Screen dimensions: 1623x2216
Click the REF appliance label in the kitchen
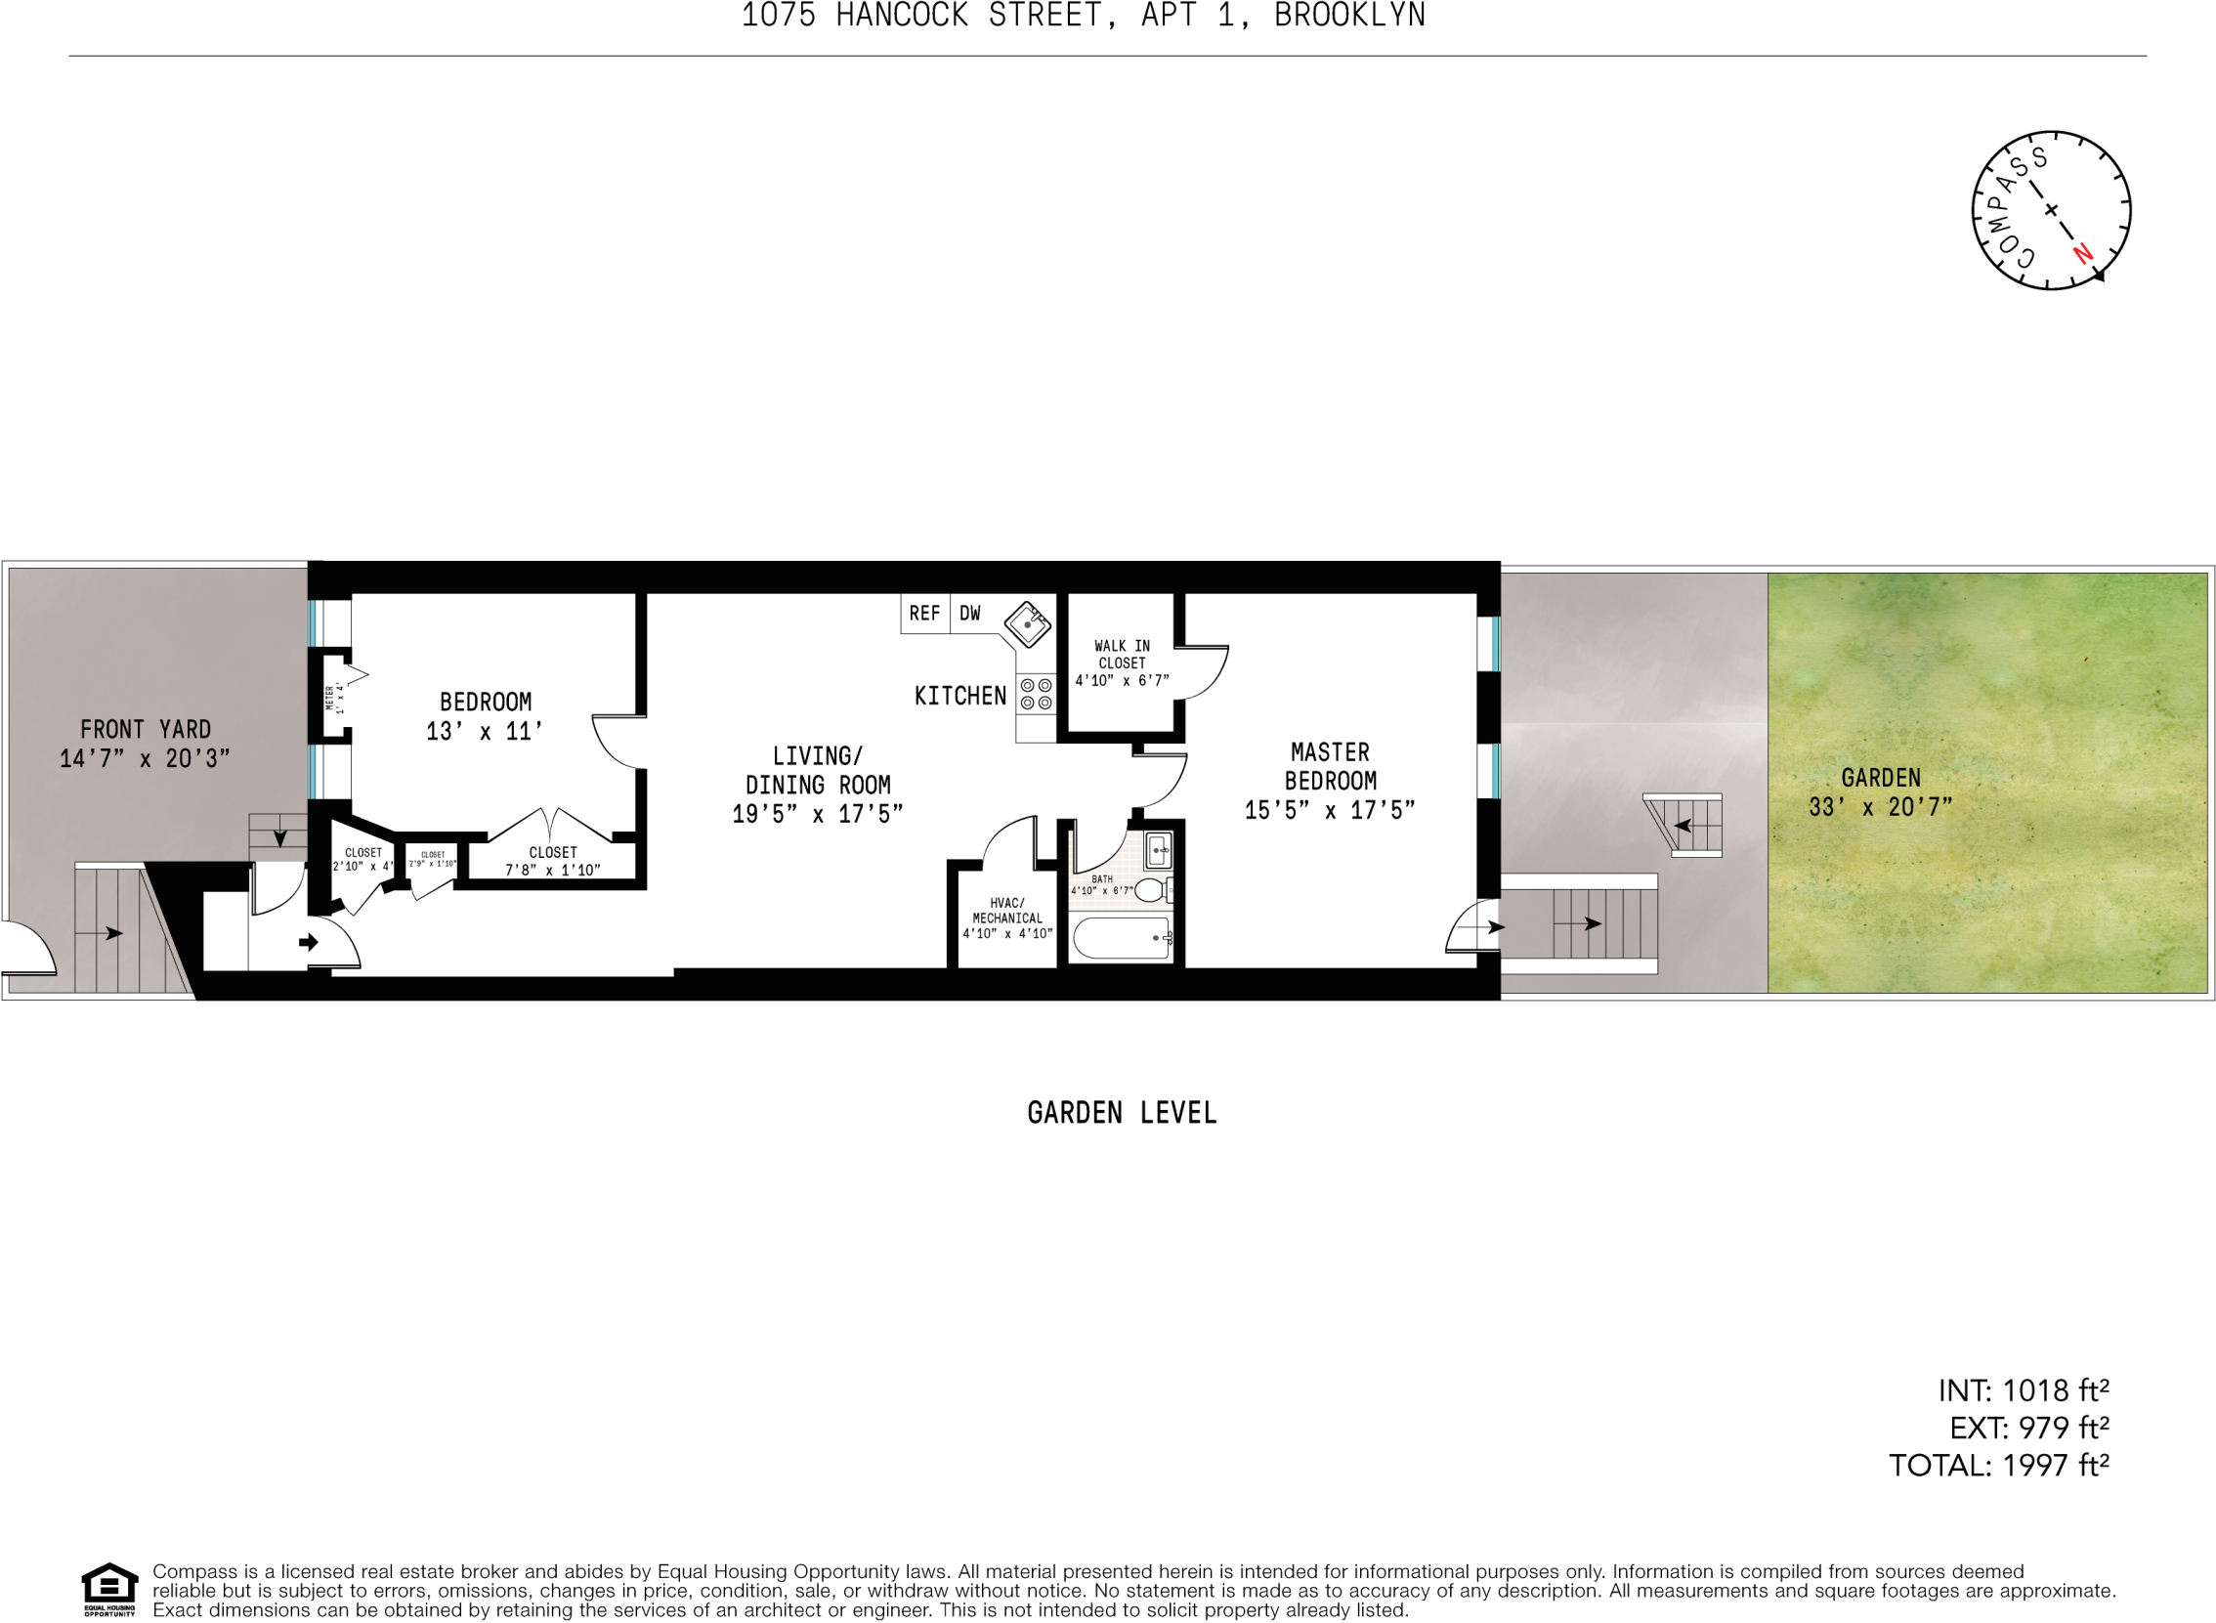923,614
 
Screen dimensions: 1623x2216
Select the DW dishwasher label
969,614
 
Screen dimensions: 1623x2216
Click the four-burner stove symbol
1036,694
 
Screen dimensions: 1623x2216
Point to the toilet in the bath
1151,890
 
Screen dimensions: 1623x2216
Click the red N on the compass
2082,253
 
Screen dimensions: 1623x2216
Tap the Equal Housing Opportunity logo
109,1589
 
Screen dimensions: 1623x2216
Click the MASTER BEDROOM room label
1330,766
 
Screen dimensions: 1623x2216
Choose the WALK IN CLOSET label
1122,655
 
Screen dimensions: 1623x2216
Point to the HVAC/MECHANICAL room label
1006,911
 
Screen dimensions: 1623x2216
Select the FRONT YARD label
146,729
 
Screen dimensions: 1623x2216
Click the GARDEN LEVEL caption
1122,1113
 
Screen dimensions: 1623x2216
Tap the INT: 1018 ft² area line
2023,1391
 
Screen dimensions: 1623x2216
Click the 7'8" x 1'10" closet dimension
552,871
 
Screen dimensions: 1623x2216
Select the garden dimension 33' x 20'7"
1880,807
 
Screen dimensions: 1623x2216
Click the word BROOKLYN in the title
1349,16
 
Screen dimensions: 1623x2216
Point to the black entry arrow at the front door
309,942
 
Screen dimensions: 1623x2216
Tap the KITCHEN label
959,697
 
